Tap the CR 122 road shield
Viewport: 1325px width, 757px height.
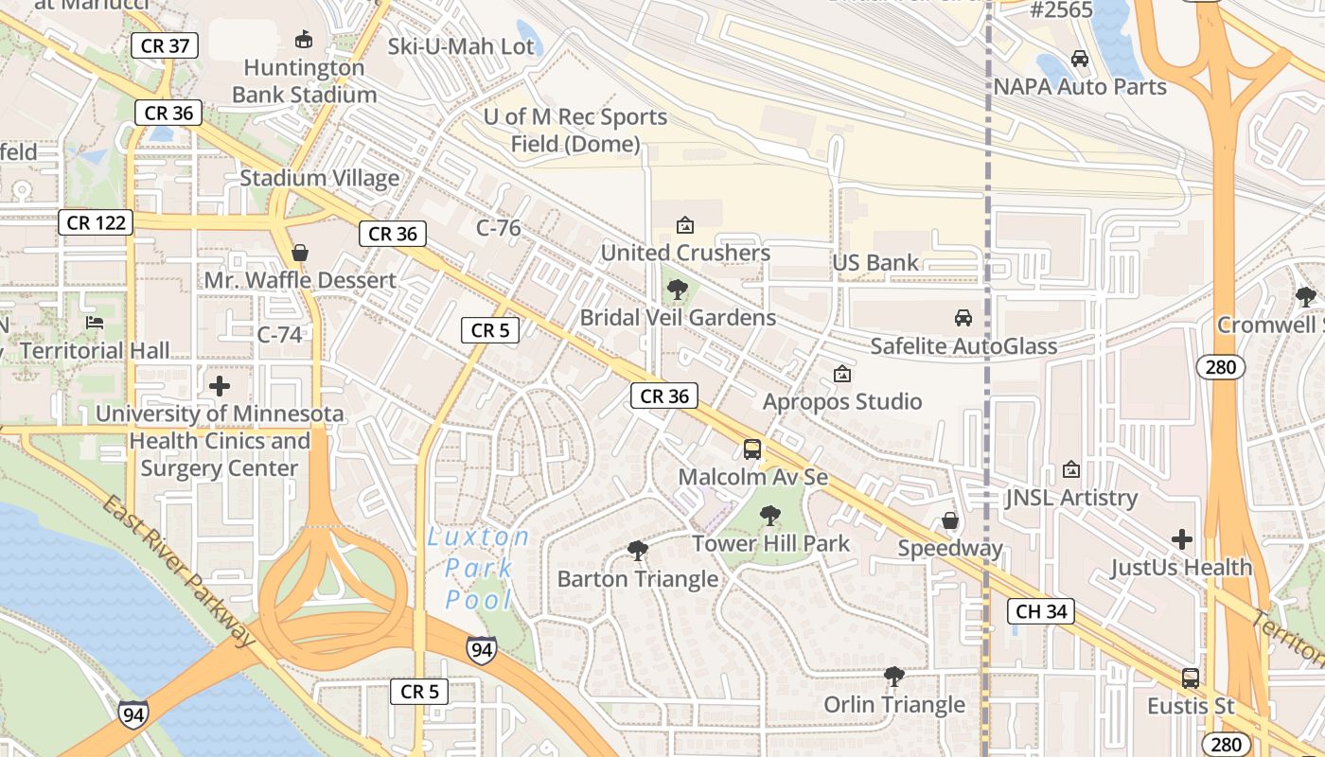pos(95,222)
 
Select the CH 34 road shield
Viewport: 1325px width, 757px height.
pos(1041,611)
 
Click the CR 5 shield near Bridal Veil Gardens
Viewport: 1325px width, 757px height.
pos(490,330)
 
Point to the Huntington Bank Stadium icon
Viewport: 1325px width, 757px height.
pos(304,39)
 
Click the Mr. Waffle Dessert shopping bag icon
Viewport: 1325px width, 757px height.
pos(300,253)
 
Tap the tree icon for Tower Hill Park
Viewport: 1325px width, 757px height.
pos(770,516)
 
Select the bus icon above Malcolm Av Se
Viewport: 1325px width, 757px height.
pos(752,449)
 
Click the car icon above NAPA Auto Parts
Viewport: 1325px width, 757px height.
pos(1080,59)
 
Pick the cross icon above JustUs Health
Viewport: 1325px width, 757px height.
pos(1182,539)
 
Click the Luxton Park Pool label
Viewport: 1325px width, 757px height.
pos(479,568)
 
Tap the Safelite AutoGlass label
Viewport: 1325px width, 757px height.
pos(963,346)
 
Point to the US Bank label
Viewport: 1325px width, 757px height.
pos(875,263)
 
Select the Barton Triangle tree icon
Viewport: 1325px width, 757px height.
pos(638,551)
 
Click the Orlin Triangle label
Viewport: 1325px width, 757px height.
pos(894,705)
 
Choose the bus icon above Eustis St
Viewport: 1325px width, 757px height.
pos(1191,678)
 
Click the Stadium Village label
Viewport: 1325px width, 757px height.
pos(319,178)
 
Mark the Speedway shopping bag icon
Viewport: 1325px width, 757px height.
pos(950,521)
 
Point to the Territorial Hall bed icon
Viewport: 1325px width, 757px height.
pos(95,323)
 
